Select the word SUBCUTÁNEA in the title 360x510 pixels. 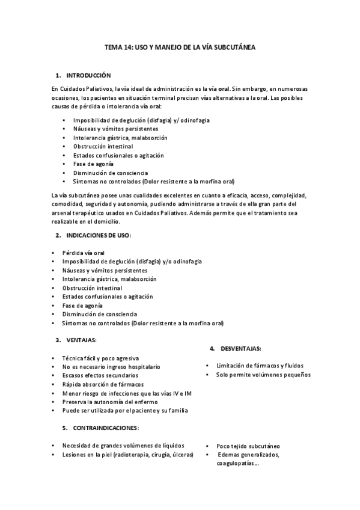click(x=234, y=47)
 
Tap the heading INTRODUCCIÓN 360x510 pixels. click(x=89, y=75)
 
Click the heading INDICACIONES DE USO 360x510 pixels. click(x=99, y=235)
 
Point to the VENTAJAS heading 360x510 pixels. click(x=81, y=340)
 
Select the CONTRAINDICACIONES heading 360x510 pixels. click(x=106, y=428)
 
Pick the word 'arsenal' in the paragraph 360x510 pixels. click(x=64, y=212)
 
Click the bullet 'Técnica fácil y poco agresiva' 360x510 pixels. click(x=100, y=357)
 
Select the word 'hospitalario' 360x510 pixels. click(x=142, y=366)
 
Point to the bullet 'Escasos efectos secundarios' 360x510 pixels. click(x=99, y=375)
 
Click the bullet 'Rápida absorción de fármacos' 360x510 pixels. click(x=102, y=384)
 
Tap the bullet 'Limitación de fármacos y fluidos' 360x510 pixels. click(x=260, y=365)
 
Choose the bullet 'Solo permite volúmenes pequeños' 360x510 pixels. click(x=263, y=375)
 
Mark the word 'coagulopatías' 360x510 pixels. click(x=236, y=464)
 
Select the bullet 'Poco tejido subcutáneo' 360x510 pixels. click(x=248, y=446)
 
